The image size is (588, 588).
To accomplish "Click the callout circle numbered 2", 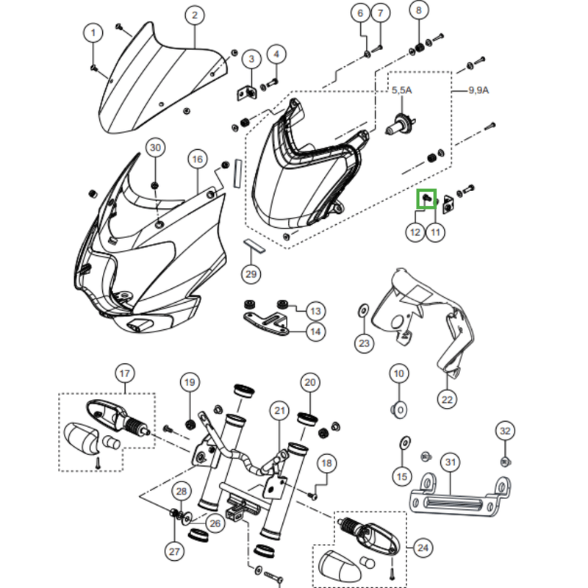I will (x=194, y=15).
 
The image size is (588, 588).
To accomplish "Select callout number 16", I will (x=196, y=159).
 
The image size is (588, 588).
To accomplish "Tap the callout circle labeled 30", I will (x=154, y=148).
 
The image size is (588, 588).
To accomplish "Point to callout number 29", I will (x=251, y=275).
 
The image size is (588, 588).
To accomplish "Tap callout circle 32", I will (x=504, y=431).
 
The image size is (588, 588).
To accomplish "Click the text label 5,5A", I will (x=401, y=90).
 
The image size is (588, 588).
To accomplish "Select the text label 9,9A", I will (x=479, y=90).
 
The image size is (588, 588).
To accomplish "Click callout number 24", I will (x=423, y=547).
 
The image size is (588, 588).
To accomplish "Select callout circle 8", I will (x=419, y=11).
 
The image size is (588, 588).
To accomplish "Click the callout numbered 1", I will (x=93, y=32).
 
